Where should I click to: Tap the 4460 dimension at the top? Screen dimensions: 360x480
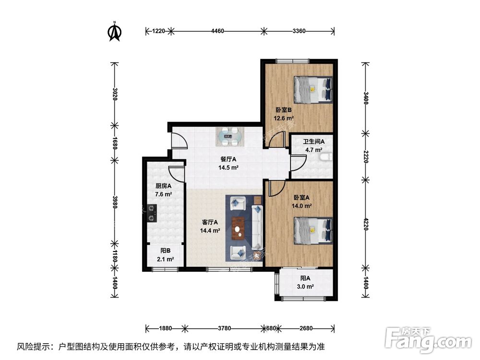click(x=217, y=31)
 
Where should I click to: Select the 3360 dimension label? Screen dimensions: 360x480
click(x=298, y=31)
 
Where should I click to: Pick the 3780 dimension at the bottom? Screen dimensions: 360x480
click(x=224, y=329)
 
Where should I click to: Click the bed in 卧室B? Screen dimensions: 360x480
click(x=313, y=89)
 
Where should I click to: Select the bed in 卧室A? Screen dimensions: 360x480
click(x=313, y=230)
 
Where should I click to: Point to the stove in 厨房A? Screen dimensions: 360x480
click(x=152, y=213)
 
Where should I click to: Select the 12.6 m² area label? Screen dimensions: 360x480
click(x=284, y=118)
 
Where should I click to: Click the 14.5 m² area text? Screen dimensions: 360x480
click(x=228, y=168)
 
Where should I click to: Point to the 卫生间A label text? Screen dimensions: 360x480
click(x=314, y=142)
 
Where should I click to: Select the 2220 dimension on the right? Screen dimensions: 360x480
click(x=366, y=155)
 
